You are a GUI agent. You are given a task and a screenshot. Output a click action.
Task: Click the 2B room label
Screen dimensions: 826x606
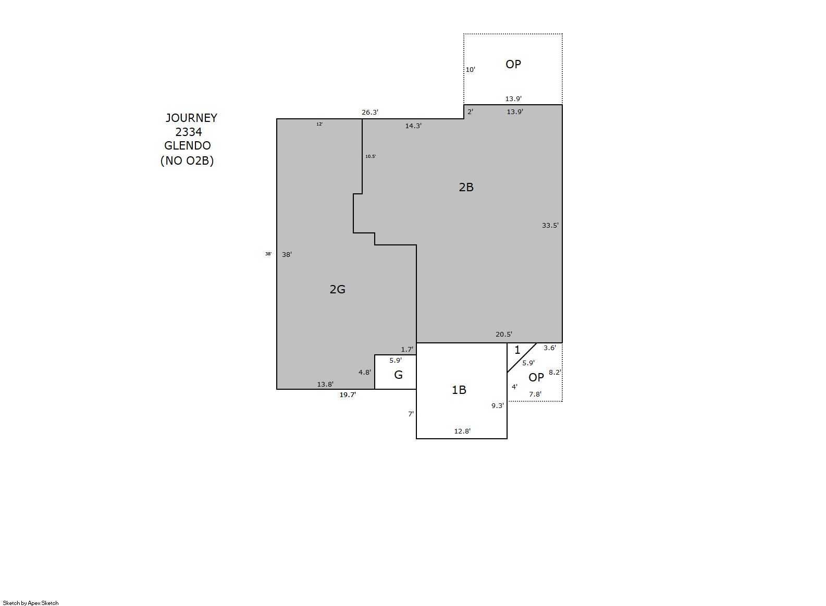point(466,187)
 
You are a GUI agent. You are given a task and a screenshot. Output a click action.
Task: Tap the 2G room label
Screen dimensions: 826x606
point(337,289)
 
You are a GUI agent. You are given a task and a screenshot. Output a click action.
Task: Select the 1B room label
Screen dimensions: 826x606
point(459,390)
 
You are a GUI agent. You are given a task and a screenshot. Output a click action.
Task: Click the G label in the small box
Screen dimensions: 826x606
point(398,375)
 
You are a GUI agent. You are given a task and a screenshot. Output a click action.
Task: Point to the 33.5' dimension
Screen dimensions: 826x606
point(550,225)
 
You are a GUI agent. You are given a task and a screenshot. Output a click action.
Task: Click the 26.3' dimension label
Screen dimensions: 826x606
point(370,112)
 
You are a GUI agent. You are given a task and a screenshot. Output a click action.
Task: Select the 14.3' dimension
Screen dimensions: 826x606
point(413,126)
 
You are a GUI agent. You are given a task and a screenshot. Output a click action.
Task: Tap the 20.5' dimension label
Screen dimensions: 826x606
point(504,335)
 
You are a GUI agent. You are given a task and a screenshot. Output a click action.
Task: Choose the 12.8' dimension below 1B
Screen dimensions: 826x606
point(462,431)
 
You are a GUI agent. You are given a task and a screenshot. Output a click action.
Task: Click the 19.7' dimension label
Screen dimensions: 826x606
point(348,395)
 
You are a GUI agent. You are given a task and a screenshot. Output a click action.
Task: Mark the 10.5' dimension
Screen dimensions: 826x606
point(371,156)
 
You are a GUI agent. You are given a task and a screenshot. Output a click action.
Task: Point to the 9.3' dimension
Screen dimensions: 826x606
point(498,405)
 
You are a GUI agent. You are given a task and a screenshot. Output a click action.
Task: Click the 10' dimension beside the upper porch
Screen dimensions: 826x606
point(471,69)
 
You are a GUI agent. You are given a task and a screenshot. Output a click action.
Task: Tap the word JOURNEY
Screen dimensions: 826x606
point(191,118)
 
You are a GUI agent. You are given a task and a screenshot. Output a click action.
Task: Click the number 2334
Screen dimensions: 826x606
point(189,132)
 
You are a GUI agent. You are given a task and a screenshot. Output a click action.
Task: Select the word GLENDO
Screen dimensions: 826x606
point(187,145)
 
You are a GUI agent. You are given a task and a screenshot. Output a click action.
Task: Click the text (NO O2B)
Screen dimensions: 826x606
point(187,160)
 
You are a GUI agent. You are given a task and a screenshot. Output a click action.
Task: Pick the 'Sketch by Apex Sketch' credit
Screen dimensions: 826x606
point(31,603)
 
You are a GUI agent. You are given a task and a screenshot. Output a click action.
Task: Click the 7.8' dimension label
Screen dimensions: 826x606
point(535,394)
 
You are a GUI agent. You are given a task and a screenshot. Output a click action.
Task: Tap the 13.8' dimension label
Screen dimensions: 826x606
point(325,384)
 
